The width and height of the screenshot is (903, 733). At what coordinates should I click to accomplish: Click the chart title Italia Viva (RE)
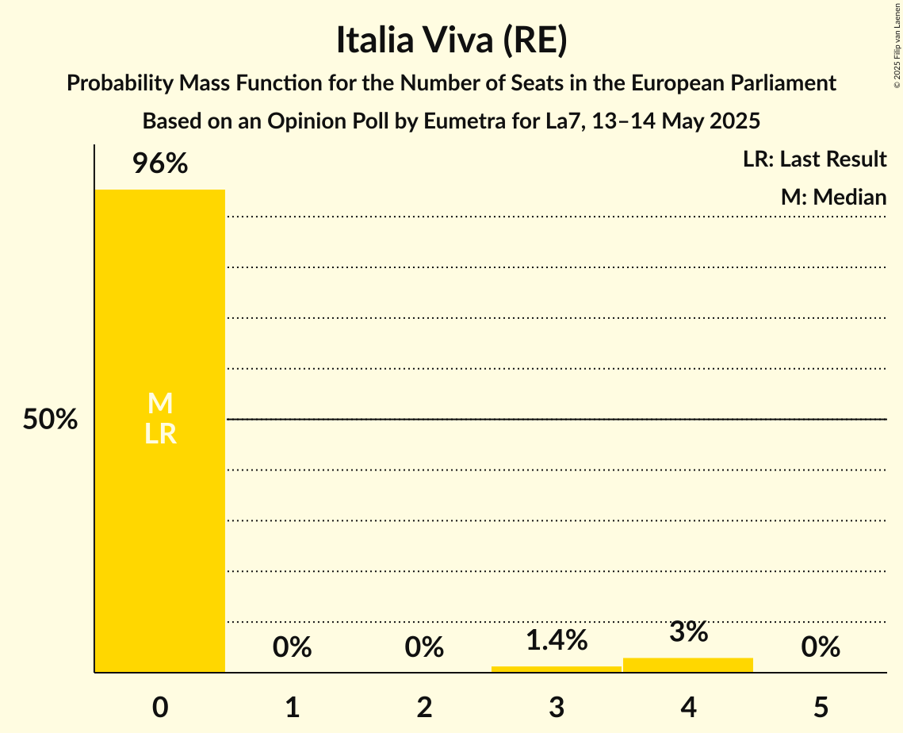(x=451, y=41)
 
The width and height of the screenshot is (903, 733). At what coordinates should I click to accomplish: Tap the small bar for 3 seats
(x=557, y=669)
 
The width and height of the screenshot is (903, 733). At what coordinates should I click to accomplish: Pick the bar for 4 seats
(x=688, y=665)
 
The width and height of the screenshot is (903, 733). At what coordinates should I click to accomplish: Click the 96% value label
(x=160, y=164)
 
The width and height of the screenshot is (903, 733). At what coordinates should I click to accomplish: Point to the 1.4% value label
(x=557, y=640)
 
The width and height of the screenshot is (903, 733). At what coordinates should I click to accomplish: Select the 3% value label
(x=688, y=632)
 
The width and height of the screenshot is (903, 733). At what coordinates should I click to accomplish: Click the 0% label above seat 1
(x=293, y=647)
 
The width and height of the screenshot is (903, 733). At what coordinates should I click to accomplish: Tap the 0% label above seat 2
(x=424, y=647)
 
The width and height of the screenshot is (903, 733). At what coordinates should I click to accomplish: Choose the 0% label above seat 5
(x=821, y=647)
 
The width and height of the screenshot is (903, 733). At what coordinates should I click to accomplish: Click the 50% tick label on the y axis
(x=50, y=420)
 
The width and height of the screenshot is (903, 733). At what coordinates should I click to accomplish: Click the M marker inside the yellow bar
(x=160, y=404)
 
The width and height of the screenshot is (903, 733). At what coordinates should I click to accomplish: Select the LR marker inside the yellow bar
(x=160, y=434)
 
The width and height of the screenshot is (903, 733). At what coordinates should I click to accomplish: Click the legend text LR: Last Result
(x=814, y=159)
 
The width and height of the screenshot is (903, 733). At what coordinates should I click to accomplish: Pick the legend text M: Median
(x=833, y=197)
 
